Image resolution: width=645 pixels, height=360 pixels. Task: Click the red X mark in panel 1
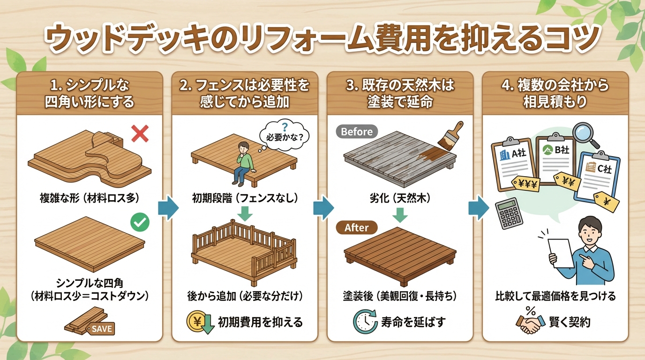click(139, 134)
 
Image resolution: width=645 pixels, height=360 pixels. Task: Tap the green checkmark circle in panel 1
click(139, 223)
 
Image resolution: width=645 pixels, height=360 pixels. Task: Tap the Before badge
click(357, 132)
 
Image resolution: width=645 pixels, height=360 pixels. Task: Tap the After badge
click(357, 228)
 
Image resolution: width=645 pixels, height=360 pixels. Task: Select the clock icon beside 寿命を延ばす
click(364, 322)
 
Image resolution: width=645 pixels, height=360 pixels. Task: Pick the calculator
click(509, 214)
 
